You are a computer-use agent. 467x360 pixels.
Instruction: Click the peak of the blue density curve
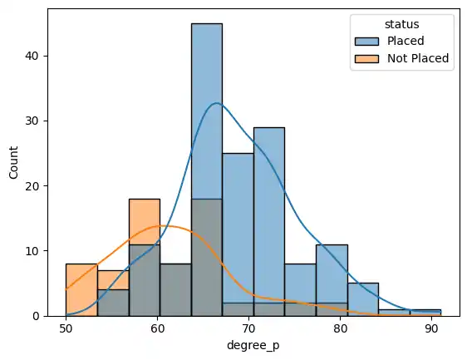pos(217,103)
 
